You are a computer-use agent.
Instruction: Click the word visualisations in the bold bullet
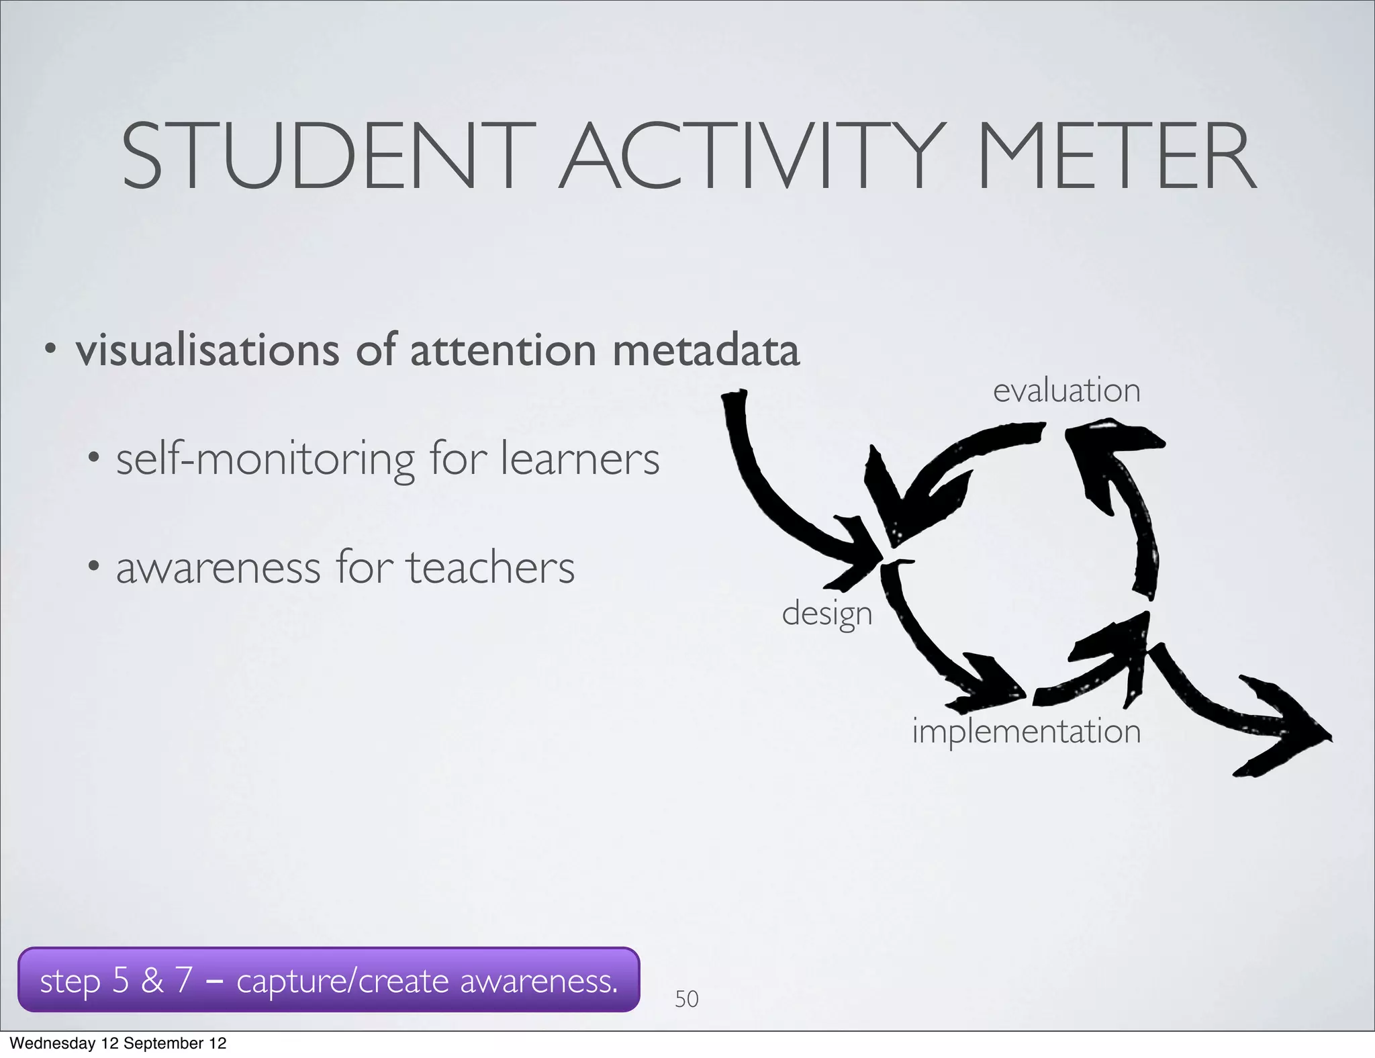[207, 350]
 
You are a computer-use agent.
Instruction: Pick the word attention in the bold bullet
[503, 350]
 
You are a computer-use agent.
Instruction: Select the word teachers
[490, 568]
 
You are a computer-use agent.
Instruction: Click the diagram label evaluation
[1066, 390]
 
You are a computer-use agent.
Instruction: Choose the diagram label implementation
[1026, 730]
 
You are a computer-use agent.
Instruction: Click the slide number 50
[686, 999]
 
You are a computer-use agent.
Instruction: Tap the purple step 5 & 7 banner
[328, 980]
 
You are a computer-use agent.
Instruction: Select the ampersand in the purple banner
[152, 980]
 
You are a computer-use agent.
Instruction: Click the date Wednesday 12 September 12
[118, 1043]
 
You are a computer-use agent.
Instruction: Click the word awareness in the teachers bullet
[218, 568]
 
